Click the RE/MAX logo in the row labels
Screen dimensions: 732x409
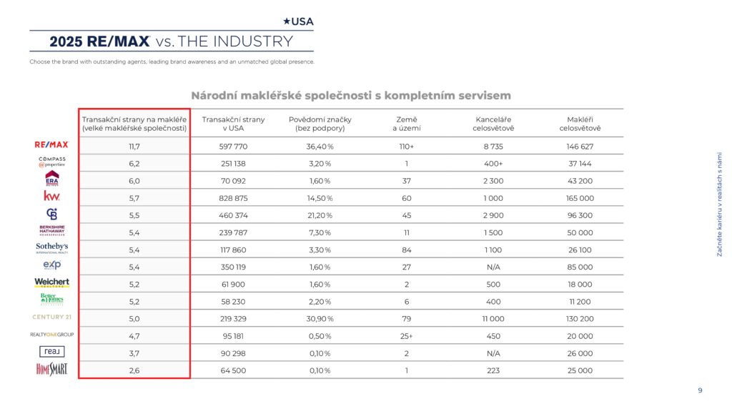coord(51,144)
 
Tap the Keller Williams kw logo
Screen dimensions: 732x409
coord(51,196)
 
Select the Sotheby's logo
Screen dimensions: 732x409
coord(51,247)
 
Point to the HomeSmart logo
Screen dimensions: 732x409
coord(51,369)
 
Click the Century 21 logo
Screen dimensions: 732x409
coord(51,317)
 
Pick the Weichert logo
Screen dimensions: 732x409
coord(51,282)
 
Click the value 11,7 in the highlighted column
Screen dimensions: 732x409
coord(134,147)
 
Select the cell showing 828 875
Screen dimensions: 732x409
coord(233,199)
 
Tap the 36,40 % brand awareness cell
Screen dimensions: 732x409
coord(320,147)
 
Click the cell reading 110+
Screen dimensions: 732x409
coord(407,147)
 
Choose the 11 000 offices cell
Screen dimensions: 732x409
coord(493,319)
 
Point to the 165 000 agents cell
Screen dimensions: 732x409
coord(580,199)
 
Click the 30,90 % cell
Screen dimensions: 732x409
coord(320,319)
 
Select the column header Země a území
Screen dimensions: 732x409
coord(407,124)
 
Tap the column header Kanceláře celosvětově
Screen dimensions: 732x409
coord(493,124)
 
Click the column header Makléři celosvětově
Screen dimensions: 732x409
coord(580,124)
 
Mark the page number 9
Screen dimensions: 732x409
coord(700,390)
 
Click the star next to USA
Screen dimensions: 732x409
coord(287,21)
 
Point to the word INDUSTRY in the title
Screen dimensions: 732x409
coord(254,41)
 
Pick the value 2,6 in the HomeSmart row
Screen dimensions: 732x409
coord(134,370)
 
